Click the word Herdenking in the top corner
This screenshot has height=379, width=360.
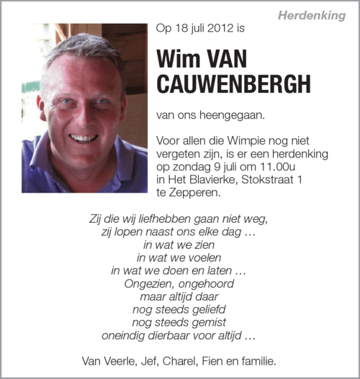click(x=311, y=15)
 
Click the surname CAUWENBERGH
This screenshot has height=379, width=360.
click(x=233, y=84)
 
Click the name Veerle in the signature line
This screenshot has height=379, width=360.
click(x=126, y=360)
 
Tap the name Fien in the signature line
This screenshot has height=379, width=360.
click(x=217, y=360)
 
